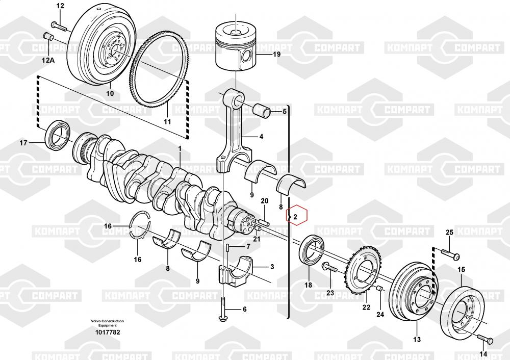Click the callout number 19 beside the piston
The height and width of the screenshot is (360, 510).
[276, 55]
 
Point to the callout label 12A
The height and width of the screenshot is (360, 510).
[48, 60]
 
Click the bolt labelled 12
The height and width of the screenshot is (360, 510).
[59, 27]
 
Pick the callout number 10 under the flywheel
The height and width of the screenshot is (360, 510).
[110, 93]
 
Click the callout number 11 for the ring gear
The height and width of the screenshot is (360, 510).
[167, 122]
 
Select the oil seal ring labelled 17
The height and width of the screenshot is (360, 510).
[57, 135]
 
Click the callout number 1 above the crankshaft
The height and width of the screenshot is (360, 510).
[180, 148]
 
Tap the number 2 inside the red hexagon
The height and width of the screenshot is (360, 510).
[295, 217]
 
